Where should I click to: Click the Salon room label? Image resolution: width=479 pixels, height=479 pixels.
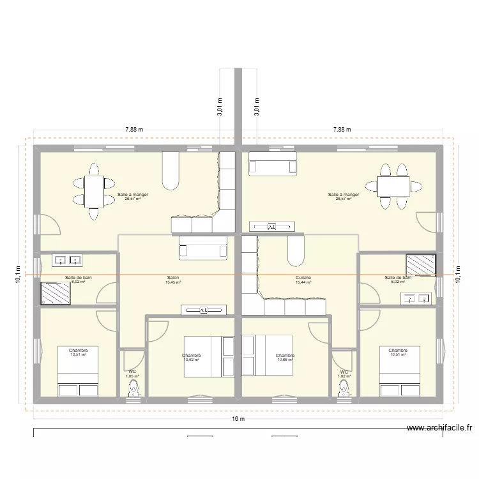[x=173, y=278]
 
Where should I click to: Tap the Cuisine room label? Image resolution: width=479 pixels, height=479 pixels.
[x=303, y=278]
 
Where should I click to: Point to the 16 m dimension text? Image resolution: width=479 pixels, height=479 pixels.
[x=238, y=419]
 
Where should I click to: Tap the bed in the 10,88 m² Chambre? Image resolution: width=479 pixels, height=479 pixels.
[x=269, y=356]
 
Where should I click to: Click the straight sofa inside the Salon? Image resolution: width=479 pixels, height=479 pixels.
[x=202, y=248]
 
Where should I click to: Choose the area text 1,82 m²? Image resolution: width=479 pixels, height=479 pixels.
[x=344, y=376]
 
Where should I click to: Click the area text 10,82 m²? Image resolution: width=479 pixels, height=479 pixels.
[x=192, y=360]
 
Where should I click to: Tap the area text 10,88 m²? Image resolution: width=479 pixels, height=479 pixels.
[x=285, y=360]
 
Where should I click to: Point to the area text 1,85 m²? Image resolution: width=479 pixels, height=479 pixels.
[x=132, y=376]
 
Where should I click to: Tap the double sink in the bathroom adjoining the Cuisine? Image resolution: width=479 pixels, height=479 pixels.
[x=416, y=298]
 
